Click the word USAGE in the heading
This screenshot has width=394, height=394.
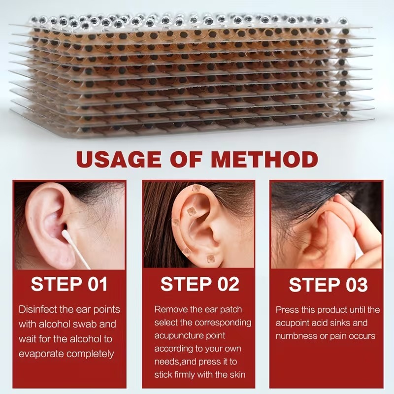[119, 159]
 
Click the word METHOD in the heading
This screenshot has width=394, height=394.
[264, 159]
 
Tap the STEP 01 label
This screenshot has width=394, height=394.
[69, 284]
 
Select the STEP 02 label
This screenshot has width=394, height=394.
[200, 284]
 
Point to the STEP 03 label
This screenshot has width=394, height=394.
[328, 285]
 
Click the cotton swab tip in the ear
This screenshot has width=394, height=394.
[65, 233]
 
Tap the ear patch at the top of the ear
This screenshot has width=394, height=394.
[196, 188]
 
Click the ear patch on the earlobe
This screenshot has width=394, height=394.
[211, 259]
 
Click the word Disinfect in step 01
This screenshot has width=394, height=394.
[39, 309]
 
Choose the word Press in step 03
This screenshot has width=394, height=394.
[288, 310]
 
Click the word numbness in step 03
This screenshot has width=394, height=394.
[296, 336]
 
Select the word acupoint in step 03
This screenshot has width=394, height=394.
[293, 323]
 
